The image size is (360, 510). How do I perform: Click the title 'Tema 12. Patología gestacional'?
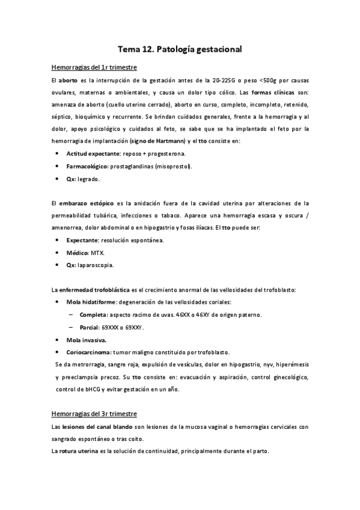[x=179, y=50]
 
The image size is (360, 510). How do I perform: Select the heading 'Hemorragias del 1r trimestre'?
[x=94, y=67]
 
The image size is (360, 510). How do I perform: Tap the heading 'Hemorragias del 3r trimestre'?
[x=94, y=414]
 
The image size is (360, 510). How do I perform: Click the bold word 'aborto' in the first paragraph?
[x=70, y=81]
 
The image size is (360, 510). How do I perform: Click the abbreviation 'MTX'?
[x=98, y=253]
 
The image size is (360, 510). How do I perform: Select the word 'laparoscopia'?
[x=96, y=265]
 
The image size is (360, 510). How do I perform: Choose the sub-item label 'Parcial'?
[x=90, y=328]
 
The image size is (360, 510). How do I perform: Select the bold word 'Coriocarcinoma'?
[x=93, y=352]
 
